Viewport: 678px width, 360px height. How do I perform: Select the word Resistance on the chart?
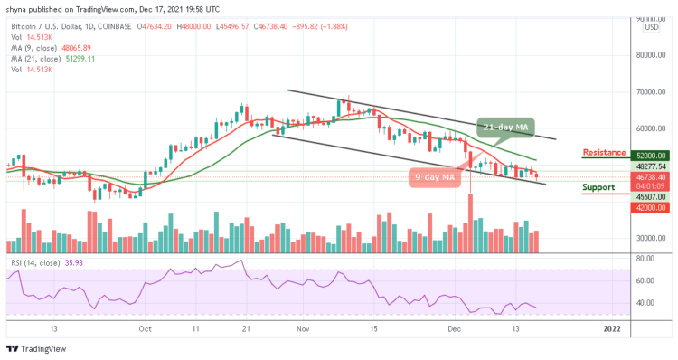(x=605, y=152)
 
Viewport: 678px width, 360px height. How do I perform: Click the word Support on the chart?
(x=599, y=188)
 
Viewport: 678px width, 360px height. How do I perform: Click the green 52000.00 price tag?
(x=651, y=156)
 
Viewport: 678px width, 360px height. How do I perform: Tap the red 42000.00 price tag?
(x=651, y=207)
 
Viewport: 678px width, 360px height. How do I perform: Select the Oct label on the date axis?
(x=144, y=330)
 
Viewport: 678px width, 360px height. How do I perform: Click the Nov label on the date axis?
(x=300, y=330)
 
